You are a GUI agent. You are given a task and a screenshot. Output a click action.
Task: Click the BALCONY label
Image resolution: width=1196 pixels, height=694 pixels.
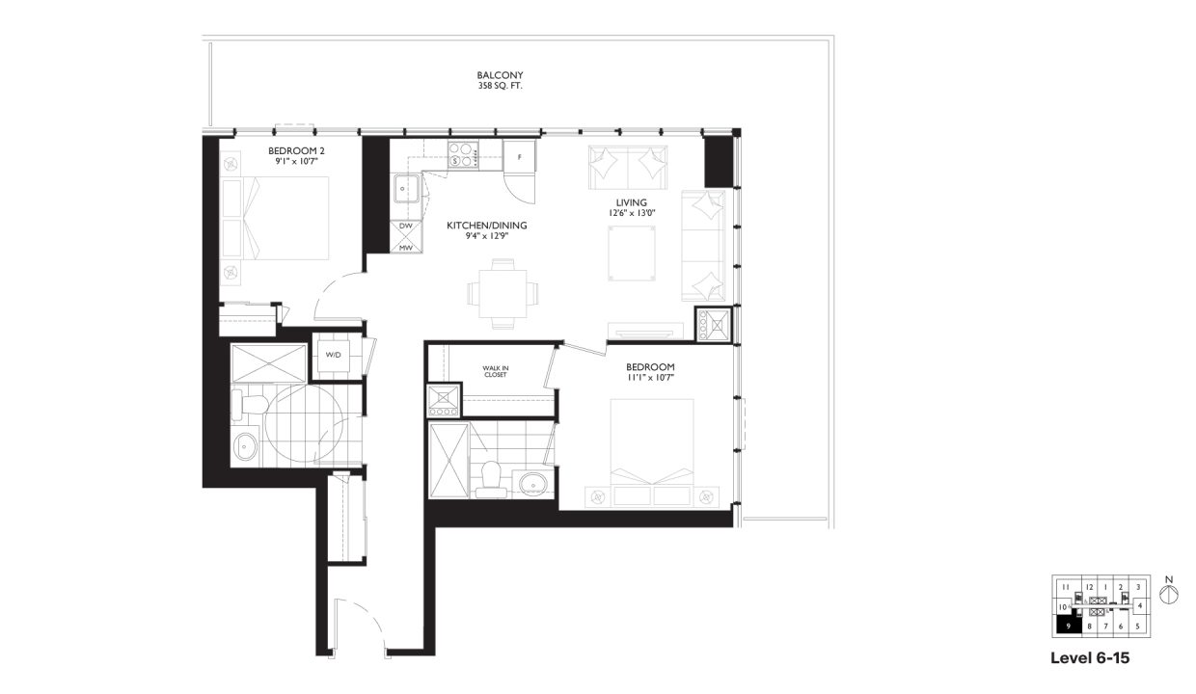tap(500, 74)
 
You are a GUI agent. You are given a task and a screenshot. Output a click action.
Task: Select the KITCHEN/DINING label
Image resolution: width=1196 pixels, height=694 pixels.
tap(486, 226)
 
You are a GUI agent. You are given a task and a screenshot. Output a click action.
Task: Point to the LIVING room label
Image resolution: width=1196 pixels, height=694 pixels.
tap(617, 201)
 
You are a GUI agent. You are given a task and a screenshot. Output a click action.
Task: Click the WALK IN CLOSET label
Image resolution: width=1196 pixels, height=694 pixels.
tap(495, 371)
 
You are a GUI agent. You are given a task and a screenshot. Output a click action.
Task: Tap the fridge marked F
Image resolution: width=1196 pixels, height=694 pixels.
tap(519, 155)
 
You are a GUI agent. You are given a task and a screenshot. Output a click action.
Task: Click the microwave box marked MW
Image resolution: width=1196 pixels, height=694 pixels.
tap(405, 247)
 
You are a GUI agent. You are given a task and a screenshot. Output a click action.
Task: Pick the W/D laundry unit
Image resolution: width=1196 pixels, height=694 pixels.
tap(333, 355)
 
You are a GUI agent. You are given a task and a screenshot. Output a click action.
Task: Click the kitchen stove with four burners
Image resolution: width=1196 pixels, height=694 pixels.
tap(464, 154)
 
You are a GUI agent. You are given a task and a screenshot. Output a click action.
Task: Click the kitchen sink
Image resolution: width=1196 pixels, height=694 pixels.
tap(405, 190)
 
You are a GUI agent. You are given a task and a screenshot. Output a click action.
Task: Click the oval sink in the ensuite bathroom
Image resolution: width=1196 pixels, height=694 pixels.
tap(530, 482)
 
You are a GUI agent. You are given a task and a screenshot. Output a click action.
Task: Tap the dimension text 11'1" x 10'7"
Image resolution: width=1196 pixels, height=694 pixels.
tap(649, 379)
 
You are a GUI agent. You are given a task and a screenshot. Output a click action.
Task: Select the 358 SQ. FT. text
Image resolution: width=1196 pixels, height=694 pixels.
tap(500, 86)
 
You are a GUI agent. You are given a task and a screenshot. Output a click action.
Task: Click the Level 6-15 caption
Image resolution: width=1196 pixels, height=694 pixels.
tap(1089, 659)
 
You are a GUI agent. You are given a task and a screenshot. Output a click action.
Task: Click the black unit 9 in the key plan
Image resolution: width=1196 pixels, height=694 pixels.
tap(1067, 626)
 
